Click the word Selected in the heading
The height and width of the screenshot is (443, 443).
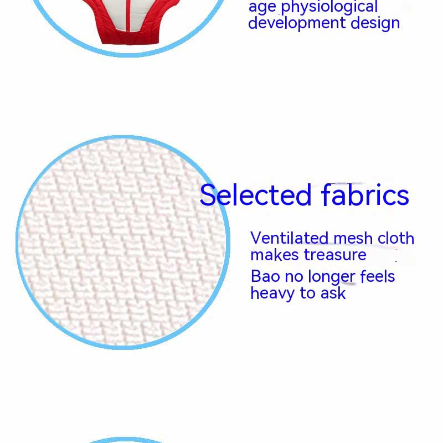point(256,195)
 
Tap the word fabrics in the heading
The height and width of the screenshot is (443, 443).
point(365,194)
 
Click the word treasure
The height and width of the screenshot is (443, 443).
point(335,255)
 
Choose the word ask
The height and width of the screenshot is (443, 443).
point(333,293)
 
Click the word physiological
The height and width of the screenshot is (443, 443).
point(329,7)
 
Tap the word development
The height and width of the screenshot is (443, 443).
point(297,23)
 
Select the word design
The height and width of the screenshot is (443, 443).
point(375,23)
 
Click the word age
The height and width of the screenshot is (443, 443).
point(262,8)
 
